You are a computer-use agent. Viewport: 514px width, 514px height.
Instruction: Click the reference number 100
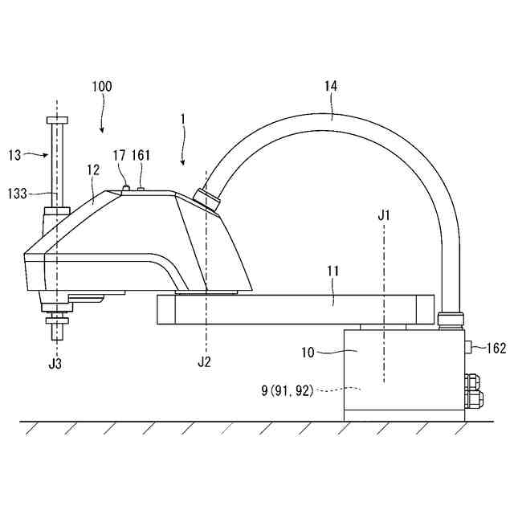[102, 86]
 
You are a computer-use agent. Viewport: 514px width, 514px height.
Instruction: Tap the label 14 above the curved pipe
[331, 86]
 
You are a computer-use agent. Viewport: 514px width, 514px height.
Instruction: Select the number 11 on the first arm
[333, 271]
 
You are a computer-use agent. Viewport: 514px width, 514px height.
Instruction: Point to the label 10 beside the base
[308, 353]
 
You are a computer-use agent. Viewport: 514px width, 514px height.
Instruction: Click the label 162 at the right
[496, 349]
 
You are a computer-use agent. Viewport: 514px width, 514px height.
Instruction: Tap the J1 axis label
[384, 216]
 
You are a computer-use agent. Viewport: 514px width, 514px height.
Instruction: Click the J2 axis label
[204, 362]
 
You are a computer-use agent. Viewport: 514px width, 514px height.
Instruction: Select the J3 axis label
[55, 364]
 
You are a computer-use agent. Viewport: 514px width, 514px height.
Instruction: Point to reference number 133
[18, 194]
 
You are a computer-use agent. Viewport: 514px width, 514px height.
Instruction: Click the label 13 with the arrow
[14, 155]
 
